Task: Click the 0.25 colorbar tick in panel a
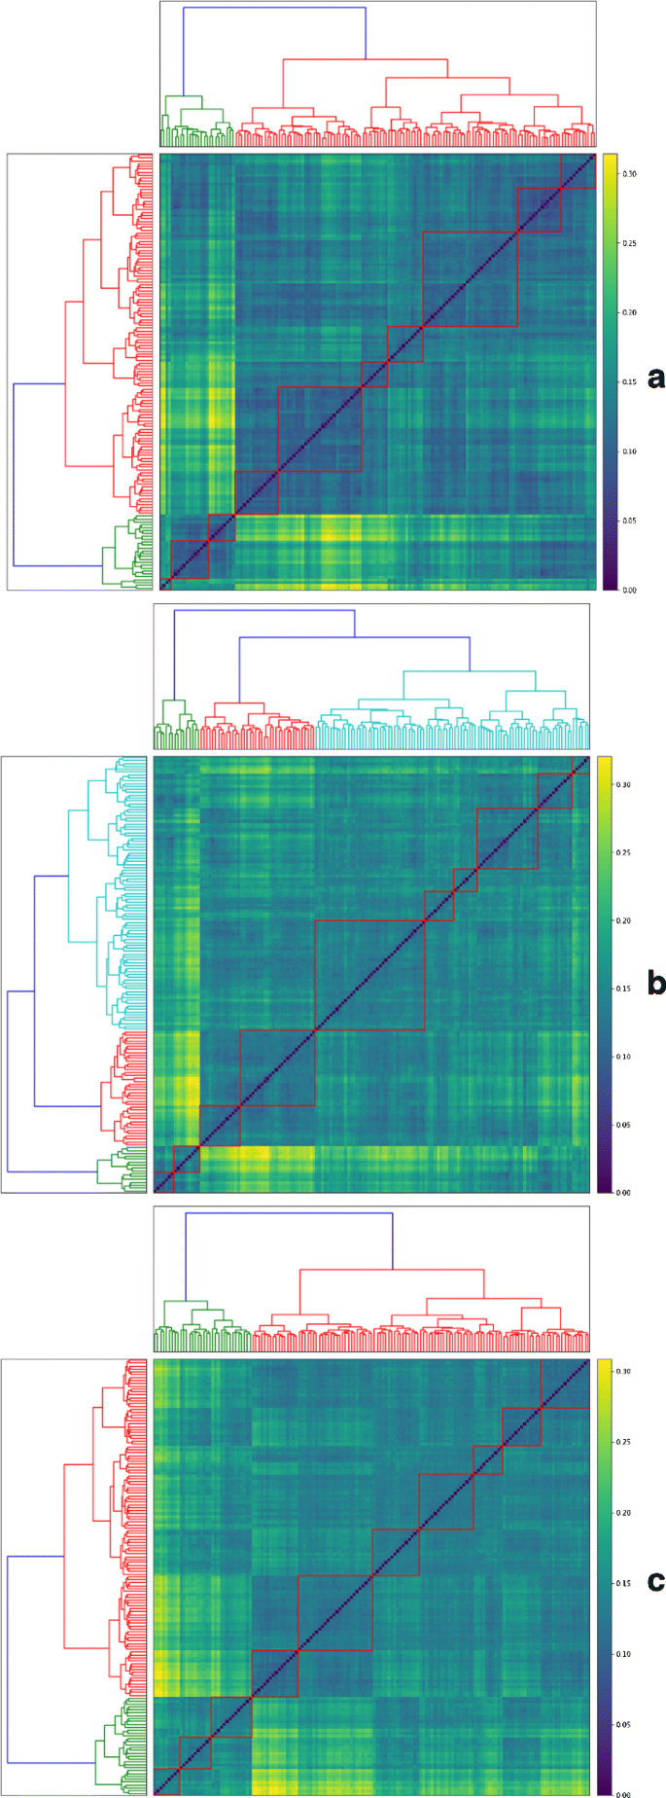pos(630,243)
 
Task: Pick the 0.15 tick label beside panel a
pos(630,382)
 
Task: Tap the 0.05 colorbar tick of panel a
pos(630,521)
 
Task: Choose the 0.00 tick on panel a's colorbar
pos(630,590)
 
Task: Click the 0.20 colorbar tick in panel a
pos(630,313)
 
